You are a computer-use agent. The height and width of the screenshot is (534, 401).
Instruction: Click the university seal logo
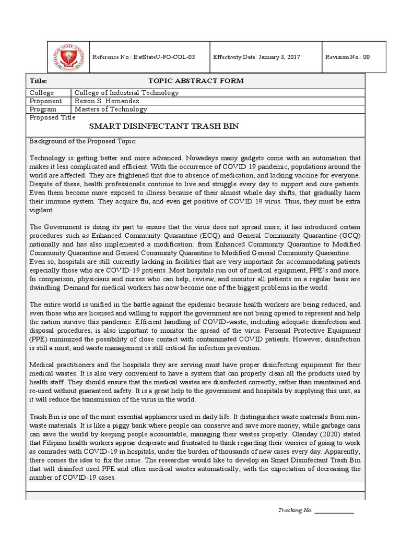(x=66, y=57)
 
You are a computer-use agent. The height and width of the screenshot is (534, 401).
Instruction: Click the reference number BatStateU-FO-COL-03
(x=143, y=57)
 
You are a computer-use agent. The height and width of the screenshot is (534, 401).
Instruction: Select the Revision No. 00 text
(x=347, y=57)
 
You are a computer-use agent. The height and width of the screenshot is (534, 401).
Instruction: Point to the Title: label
(x=39, y=81)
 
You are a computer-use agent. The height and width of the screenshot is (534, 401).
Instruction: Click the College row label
(x=42, y=93)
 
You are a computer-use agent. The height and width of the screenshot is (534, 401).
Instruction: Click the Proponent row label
(x=46, y=101)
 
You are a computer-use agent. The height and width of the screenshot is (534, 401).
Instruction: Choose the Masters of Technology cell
(x=111, y=110)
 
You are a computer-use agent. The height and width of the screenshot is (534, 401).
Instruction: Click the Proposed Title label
(x=53, y=117)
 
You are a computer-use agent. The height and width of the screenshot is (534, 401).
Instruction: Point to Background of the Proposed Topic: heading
(x=82, y=142)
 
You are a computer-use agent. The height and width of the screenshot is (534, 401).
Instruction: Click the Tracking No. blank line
(x=334, y=511)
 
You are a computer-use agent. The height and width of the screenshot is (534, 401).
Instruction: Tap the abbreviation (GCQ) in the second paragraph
(x=353, y=235)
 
